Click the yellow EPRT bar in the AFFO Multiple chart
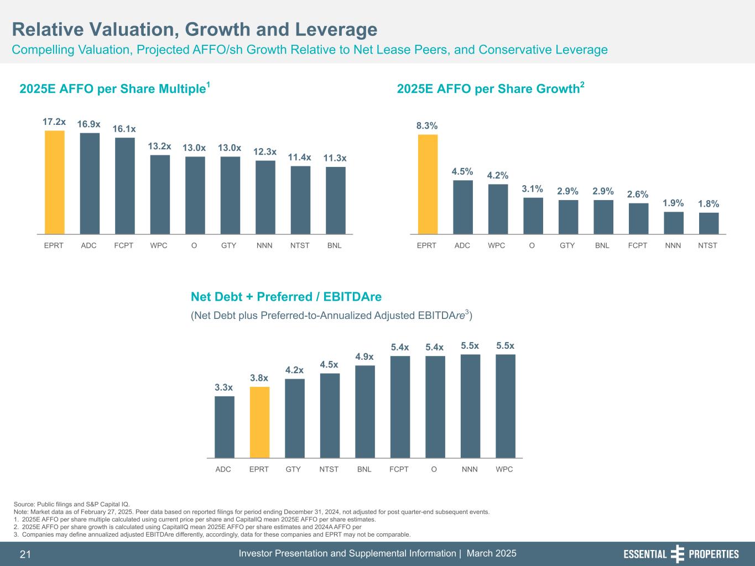pos(54,182)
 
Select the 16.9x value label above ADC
pos(88,124)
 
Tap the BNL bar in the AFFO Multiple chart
pos(335,201)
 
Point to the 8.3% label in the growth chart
pos(427,126)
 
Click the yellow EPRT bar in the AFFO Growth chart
pos(428,185)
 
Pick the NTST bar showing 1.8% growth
pos(709,223)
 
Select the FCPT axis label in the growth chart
pos(638,245)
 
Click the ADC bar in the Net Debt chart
pos(224,427)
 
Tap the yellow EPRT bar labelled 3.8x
pos(259,422)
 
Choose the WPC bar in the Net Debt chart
pos(505,406)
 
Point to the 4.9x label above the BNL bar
pos(365,357)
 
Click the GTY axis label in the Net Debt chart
pos(293,469)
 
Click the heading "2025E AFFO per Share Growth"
pos(488,89)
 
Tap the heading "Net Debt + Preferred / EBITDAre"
pos(286,297)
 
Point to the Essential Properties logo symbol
pos(678,554)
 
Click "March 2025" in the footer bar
pos(492,553)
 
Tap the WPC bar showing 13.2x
pos(160,195)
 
